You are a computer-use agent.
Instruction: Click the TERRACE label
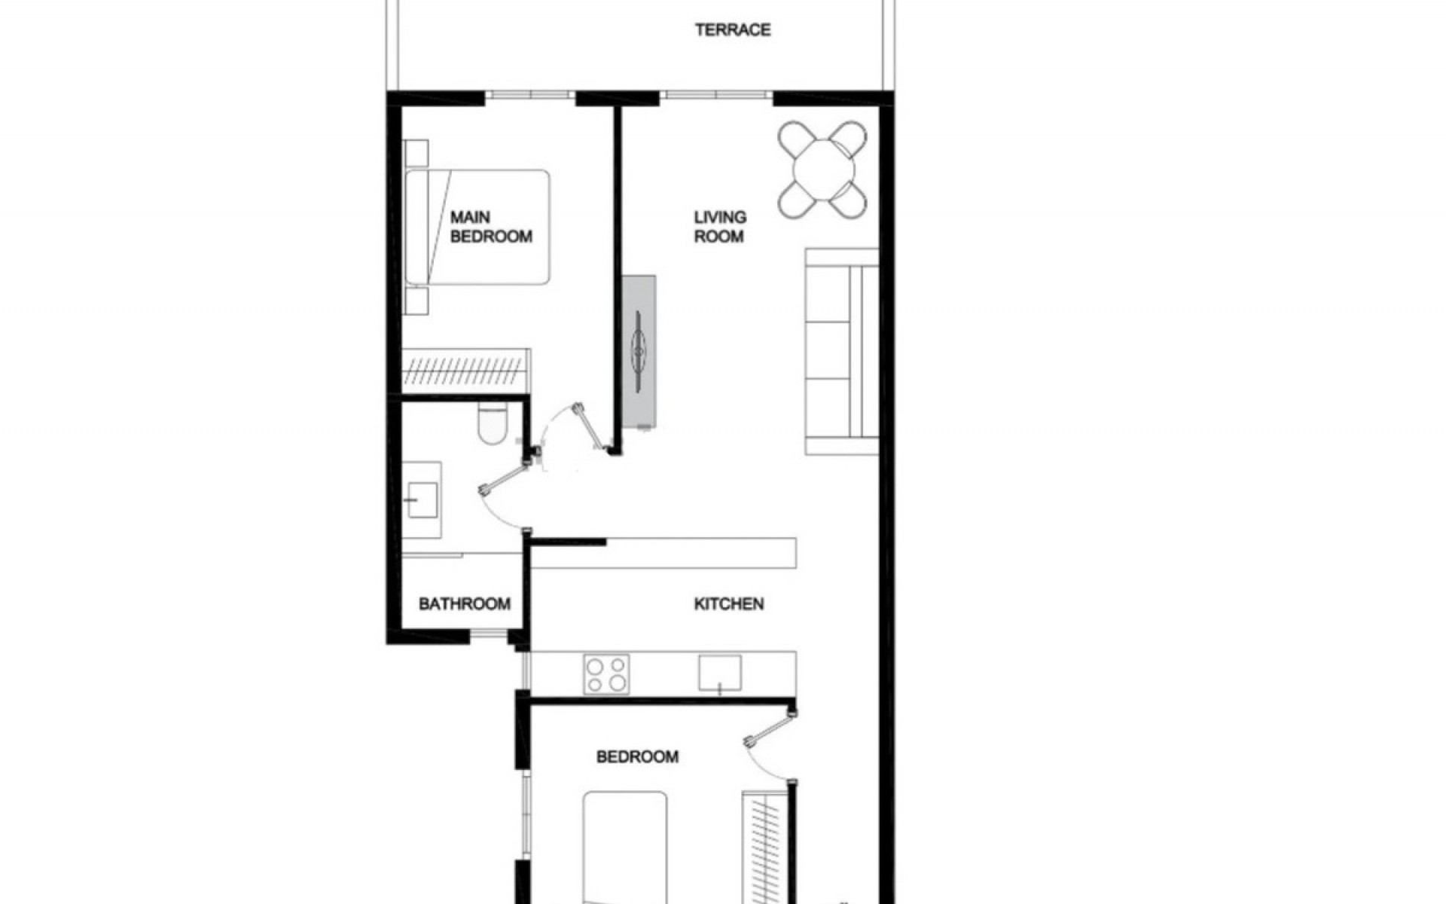(733, 30)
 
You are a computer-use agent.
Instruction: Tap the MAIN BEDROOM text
(490, 227)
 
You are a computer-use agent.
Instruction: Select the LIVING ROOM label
(719, 227)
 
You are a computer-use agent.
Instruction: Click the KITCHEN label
(728, 604)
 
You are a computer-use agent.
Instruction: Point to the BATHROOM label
(464, 604)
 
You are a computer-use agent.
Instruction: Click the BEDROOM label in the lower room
(637, 756)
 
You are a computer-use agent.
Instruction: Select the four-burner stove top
(606, 674)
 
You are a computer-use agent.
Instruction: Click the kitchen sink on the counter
(719, 673)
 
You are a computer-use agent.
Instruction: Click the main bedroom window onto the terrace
(529, 96)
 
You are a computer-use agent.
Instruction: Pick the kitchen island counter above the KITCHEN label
(663, 553)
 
